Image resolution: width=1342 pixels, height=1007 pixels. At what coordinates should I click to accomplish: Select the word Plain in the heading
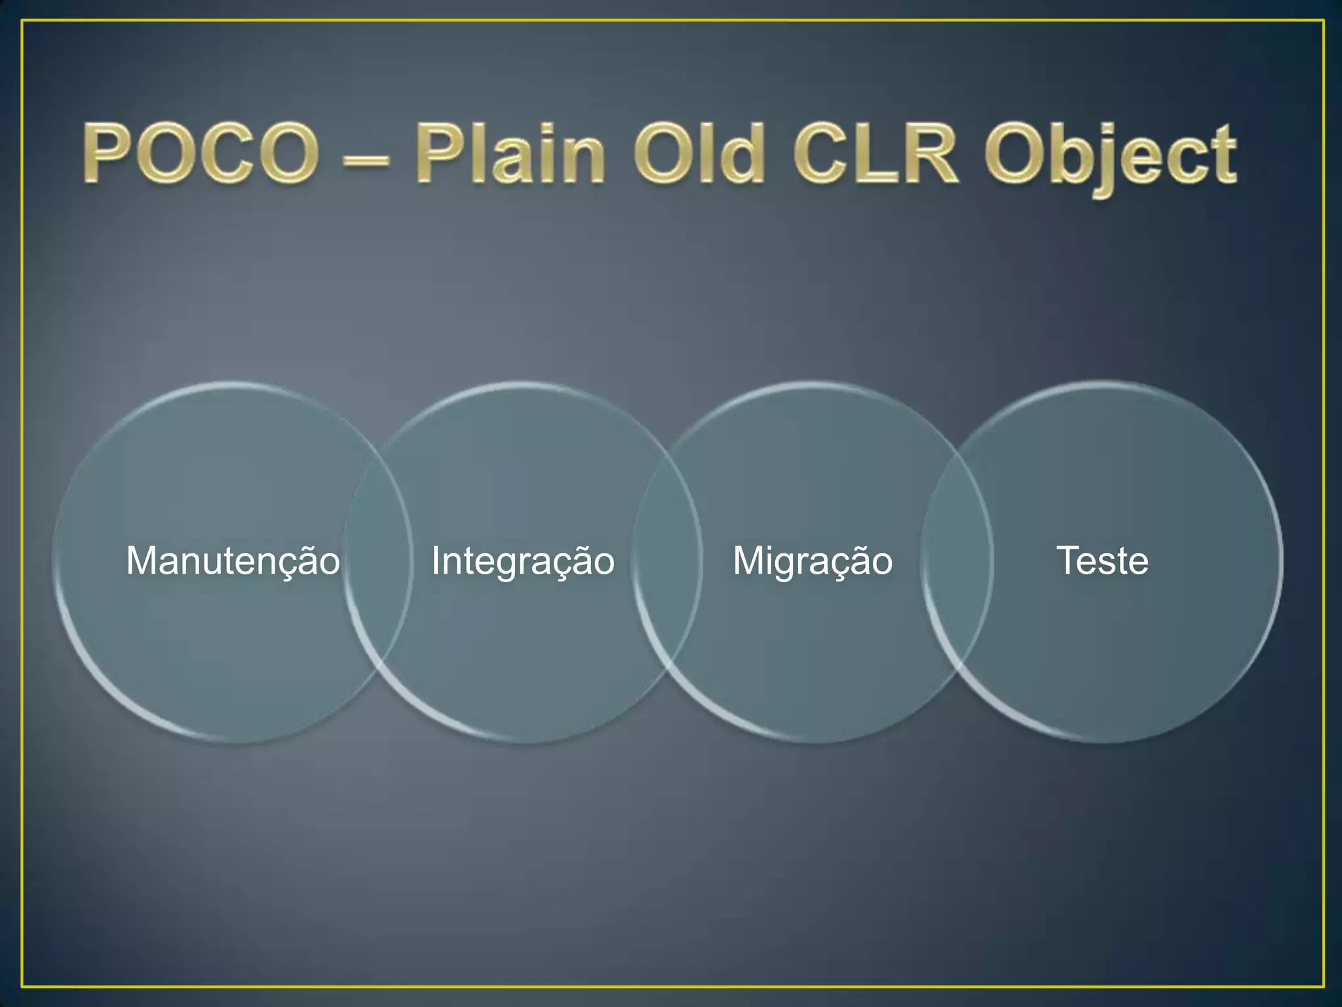[x=510, y=155]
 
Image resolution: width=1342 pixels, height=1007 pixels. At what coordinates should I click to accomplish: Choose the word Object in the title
[x=1111, y=157]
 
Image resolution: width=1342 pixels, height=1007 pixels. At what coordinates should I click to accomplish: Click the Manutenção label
[x=233, y=561]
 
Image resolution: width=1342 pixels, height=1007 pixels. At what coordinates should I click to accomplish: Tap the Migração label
[x=813, y=561]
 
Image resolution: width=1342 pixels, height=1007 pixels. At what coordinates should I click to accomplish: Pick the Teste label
[x=1103, y=561]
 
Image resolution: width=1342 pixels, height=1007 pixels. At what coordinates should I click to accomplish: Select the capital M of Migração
[x=748, y=561]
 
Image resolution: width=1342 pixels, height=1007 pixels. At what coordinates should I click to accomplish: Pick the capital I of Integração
[x=435, y=561]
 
